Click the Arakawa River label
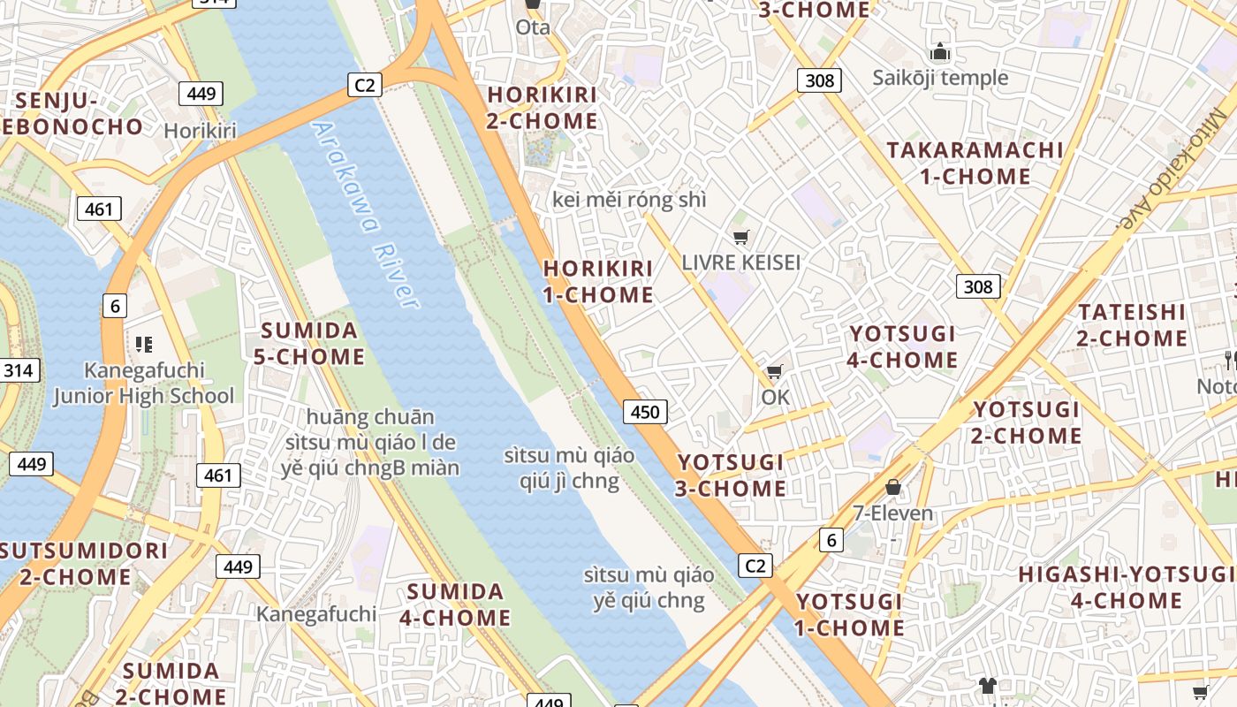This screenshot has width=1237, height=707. [x=365, y=215]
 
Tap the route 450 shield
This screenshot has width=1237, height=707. [x=645, y=411]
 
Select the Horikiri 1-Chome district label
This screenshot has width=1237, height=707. [x=598, y=281]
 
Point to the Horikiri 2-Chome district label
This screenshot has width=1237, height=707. [x=543, y=107]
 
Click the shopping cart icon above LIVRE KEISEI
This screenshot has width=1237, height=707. [x=740, y=237]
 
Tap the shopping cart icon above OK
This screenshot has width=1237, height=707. [x=775, y=371]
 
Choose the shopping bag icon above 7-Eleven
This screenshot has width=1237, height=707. [x=893, y=487]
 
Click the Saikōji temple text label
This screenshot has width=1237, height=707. [x=940, y=78]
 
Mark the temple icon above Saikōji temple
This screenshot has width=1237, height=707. [x=940, y=52]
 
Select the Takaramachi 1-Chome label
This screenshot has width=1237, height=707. [x=975, y=163]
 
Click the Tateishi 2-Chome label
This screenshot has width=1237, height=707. [x=1132, y=324]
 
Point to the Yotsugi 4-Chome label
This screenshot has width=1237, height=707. [x=902, y=346]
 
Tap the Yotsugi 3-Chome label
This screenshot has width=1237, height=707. [x=731, y=475]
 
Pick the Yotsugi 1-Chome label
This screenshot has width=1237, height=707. [x=849, y=614]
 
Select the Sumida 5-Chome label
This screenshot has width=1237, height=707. [x=309, y=344]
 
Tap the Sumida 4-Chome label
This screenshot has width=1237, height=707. [x=455, y=604]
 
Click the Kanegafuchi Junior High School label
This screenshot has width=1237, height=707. [x=144, y=383]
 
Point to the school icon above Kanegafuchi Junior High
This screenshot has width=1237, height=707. [x=144, y=344]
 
